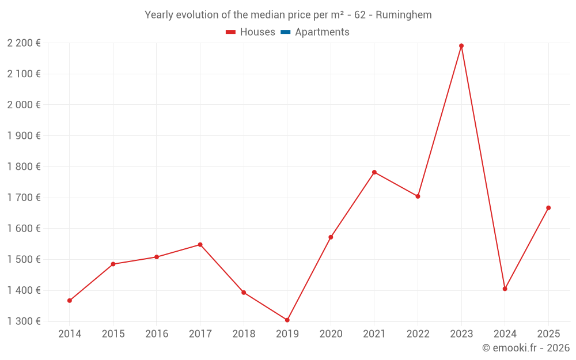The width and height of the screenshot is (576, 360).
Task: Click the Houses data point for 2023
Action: (461, 46)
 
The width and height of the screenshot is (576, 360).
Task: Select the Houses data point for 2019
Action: (287, 320)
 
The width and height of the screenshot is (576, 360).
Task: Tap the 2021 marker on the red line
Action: (374, 172)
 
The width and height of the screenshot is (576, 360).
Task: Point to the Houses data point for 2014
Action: (70, 301)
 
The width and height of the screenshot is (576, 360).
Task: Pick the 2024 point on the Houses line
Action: (505, 289)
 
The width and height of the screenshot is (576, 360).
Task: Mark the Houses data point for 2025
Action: (548, 208)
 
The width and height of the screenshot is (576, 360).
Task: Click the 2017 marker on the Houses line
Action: (200, 245)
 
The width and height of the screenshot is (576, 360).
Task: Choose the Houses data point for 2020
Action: (331, 237)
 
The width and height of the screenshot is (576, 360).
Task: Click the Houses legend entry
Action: (257, 32)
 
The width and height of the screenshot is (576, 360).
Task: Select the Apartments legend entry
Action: (322, 32)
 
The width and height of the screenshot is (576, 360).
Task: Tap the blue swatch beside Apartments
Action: (286, 32)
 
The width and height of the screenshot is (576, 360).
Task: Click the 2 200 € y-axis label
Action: (24, 43)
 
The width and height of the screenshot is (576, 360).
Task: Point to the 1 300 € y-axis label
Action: (24, 321)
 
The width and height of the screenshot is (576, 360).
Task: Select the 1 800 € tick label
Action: (24, 166)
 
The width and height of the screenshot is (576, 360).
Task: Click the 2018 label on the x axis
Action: (244, 334)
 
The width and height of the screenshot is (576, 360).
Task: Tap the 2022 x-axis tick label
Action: (418, 334)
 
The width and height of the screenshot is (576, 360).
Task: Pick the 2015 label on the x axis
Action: (113, 334)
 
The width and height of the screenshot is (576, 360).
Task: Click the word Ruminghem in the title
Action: (403, 15)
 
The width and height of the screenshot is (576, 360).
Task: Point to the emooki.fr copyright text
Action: (526, 348)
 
